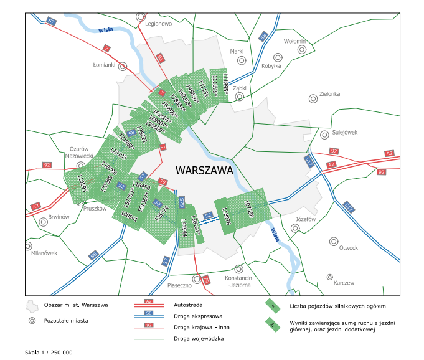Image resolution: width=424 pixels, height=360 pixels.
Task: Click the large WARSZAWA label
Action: (x=204, y=169)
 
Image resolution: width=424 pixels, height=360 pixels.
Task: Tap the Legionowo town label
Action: (x=158, y=24)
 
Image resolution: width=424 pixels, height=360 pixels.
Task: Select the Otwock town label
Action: (x=348, y=248)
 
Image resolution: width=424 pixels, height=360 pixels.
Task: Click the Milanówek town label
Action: (x=44, y=253)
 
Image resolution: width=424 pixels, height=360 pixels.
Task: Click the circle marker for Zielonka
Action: (x=314, y=98)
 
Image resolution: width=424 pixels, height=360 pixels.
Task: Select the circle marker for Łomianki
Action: (x=123, y=65)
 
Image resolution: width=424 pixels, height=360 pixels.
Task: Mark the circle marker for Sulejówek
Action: (x=323, y=133)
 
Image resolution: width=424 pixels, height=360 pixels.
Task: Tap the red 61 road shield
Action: (x=159, y=58)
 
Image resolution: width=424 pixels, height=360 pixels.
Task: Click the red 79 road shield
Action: (x=163, y=182)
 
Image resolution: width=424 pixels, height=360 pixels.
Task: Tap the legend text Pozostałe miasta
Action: (x=66, y=320)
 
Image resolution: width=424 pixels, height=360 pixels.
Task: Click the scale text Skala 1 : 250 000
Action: (x=49, y=353)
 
